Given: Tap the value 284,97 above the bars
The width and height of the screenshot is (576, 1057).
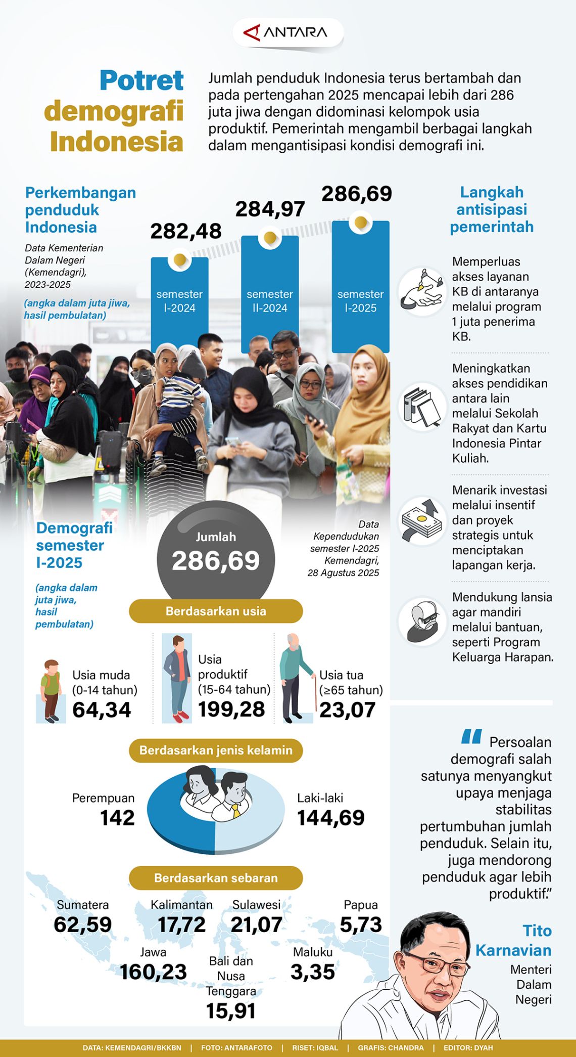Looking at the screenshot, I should [x=270, y=209].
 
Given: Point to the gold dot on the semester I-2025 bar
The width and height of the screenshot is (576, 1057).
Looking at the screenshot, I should [x=360, y=223].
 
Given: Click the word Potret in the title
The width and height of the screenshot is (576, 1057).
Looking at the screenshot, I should [x=141, y=80].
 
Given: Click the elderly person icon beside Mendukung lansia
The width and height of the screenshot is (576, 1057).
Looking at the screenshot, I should [x=422, y=622].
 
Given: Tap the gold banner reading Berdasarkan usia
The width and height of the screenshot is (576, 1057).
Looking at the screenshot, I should [x=216, y=611].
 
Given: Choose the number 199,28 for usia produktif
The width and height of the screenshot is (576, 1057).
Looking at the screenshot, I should [x=231, y=709].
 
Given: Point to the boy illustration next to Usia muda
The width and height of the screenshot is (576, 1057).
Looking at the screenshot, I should [x=51, y=690].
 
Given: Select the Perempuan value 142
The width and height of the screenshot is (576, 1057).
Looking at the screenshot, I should [x=117, y=818].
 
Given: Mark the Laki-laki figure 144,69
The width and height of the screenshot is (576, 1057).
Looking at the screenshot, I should [x=330, y=818].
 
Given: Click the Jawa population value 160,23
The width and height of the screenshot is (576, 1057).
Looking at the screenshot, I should [x=153, y=972].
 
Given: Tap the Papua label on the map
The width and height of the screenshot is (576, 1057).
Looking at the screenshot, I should [x=360, y=905].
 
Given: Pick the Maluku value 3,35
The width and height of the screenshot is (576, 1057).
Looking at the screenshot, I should [x=312, y=972].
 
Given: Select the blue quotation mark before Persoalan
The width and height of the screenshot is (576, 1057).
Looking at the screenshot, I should [x=471, y=737].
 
